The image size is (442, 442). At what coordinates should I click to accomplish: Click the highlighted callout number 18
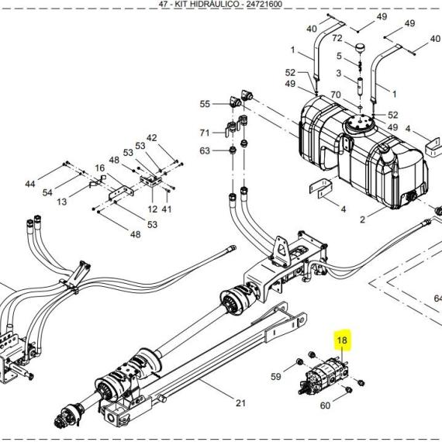click(x=342, y=340)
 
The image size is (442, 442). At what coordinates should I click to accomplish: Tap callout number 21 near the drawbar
click(x=240, y=403)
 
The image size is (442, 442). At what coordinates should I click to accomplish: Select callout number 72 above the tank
click(x=337, y=38)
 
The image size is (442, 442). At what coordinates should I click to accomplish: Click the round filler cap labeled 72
click(x=360, y=48)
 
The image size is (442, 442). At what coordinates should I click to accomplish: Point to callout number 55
click(x=205, y=104)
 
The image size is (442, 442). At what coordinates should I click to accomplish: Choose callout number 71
click(x=205, y=133)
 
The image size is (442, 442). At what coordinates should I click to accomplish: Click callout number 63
click(x=205, y=150)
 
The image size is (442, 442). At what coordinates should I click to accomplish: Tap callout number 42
click(x=152, y=138)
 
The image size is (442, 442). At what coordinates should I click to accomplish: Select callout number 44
click(x=30, y=184)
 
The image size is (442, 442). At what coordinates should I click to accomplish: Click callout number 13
click(x=62, y=202)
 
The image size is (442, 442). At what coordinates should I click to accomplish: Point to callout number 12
click(x=153, y=209)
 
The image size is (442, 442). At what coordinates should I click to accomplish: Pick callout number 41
click(x=167, y=209)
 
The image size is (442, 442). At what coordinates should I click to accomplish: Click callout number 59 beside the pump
click(x=276, y=376)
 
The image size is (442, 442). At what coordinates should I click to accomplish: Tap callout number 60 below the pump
click(x=325, y=406)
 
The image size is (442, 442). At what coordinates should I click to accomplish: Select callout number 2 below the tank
click(x=362, y=219)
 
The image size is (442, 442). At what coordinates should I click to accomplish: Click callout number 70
click(x=336, y=95)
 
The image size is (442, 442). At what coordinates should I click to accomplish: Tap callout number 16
click(x=100, y=168)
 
